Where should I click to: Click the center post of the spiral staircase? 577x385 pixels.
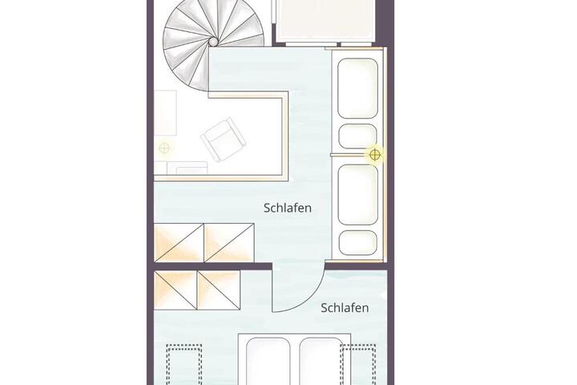point(213,41)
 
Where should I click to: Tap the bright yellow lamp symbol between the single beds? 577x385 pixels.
point(374,155)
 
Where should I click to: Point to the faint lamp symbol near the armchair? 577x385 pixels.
point(164,148)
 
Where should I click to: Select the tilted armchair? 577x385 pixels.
point(223,140)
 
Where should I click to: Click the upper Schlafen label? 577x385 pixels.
point(288,208)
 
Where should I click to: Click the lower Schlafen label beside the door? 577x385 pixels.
point(345,308)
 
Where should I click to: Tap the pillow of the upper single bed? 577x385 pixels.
point(357,136)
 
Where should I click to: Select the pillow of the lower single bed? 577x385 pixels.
point(357,242)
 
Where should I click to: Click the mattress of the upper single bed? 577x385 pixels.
point(357,88)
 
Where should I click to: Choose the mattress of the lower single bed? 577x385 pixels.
point(357,195)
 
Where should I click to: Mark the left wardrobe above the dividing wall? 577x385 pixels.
point(179,243)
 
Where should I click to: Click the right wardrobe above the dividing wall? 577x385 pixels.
point(229,243)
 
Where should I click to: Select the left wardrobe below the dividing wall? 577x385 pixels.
point(176,290)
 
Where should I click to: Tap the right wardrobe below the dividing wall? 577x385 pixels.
point(219,290)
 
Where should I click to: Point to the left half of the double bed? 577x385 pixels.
point(268,361)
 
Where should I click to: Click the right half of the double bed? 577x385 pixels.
point(321,361)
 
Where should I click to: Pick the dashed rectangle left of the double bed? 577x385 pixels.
point(184,365)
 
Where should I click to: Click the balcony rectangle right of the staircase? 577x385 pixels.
point(325,20)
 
